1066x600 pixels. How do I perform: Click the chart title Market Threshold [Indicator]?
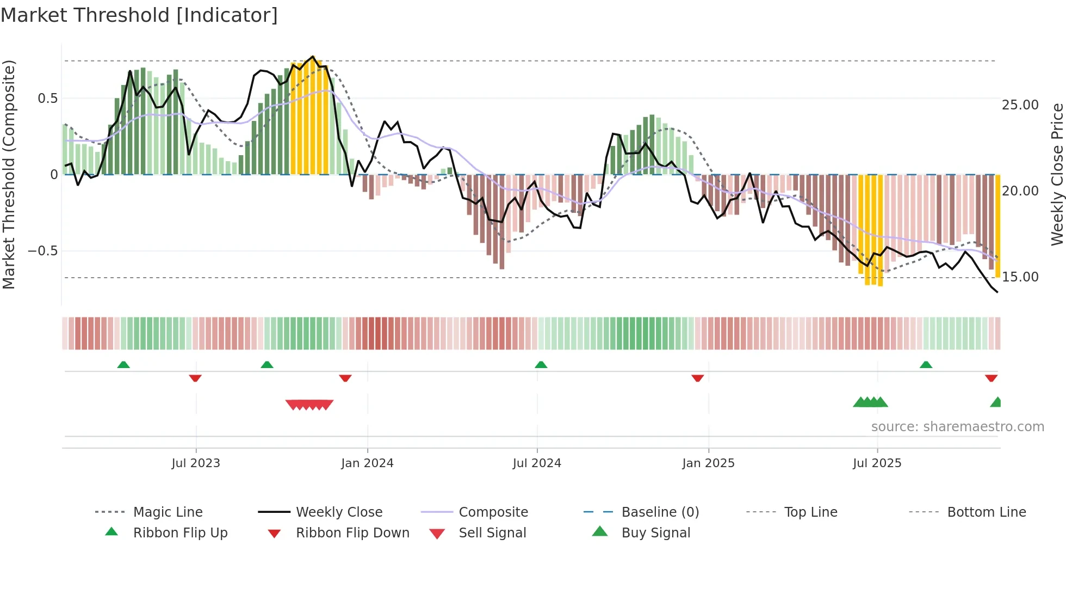tap(139, 15)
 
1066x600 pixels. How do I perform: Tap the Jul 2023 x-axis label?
tap(196, 463)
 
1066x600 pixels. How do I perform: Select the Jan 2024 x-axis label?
tap(367, 463)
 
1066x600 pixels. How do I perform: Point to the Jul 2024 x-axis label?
tap(537, 463)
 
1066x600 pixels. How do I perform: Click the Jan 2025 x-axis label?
tap(708, 463)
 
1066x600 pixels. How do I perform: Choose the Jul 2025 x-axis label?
tap(877, 463)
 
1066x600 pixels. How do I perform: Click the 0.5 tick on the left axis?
tap(47, 99)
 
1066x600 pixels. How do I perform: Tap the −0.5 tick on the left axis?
tap(43, 251)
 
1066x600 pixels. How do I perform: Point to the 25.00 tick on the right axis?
tap(1020, 105)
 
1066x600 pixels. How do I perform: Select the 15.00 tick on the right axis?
tap(1020, 277)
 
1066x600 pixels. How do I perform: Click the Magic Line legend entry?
tap(168, 512)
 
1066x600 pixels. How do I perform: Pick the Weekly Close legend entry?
tap(339, 512)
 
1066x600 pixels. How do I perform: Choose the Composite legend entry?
tap(493, 512)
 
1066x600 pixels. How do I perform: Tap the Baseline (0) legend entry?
tap(660, 512)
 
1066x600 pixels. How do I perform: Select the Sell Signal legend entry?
tap(492, 533)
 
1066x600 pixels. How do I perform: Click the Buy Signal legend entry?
tap(655, 533)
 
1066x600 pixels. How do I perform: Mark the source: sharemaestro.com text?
tap(957, 427)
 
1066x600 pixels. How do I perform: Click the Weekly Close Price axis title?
tap(1057, 174)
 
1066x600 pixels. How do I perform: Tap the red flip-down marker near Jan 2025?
tap(697, 378)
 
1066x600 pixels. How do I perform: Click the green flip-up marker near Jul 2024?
tap(541, 365)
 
